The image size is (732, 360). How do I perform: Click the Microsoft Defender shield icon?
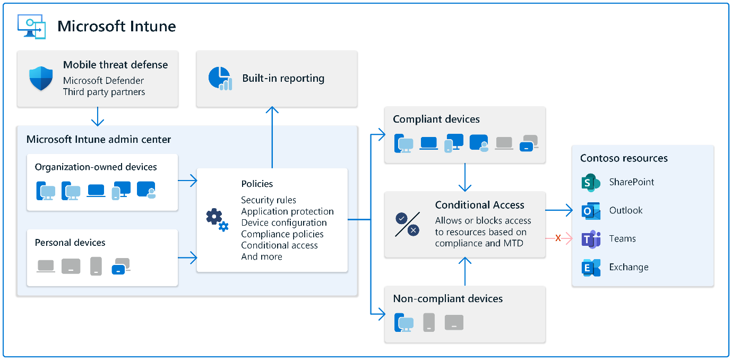pos(41,79)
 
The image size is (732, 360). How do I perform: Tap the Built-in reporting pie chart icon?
pos(220,78)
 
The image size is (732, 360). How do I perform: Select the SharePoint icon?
pos(590,182)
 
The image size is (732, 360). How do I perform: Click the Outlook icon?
pos(590,211)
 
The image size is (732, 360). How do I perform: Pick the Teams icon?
pos(590,239)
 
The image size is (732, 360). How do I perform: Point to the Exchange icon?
pos(590,268)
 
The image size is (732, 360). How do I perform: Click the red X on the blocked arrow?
pos(558,238)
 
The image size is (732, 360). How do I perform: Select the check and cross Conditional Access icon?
pos(408,224)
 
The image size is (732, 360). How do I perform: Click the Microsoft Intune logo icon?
pos(31,26)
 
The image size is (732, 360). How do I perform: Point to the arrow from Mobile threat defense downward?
pos(98,116)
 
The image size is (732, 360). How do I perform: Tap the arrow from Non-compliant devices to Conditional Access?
pos(465,271)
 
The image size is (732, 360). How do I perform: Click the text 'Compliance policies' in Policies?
pos(282,234)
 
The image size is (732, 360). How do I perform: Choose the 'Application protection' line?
pos(287,211)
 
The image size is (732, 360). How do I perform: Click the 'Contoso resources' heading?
pos(624,158)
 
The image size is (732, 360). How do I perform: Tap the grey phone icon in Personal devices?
pos(96,265)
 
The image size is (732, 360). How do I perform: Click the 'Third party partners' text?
pos(104,92)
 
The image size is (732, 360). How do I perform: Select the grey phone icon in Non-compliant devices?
pos(429,322)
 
